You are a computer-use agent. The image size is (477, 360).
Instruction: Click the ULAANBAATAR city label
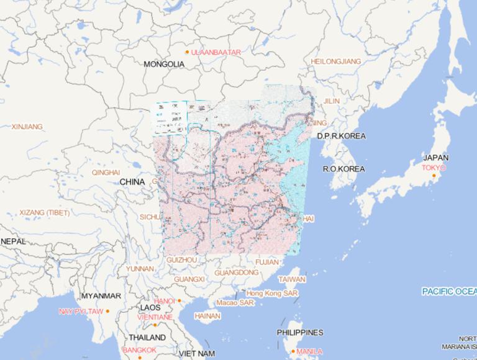click(x=216, y=53)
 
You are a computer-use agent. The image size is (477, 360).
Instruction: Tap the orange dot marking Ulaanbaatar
click(x=187, y=52)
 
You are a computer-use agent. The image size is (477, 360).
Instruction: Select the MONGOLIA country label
click(x=164, y=64)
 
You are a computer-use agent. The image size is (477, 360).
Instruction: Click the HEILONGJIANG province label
click(x=335, y=61)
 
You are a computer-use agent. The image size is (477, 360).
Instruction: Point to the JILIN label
click(x=332, y=101)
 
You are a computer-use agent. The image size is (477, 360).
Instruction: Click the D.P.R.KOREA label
click(x=341, y=136)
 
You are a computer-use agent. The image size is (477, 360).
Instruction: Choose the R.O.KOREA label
click(x=343, y=169)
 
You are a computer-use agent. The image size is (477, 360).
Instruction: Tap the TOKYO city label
click(x=434, y=168)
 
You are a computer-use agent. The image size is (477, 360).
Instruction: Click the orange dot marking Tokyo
click(x=434, y=176)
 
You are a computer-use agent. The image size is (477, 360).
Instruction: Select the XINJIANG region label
click(x=27, y=127)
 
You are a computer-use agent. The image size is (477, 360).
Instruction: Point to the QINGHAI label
click(x=106, y=173)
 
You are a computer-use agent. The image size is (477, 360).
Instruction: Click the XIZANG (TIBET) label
click(x=45, y=213)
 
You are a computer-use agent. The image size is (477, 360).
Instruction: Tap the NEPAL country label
click(x=13, y=241)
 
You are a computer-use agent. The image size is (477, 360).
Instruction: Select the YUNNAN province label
click(x=140, y=269)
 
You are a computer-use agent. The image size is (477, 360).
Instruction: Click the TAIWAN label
click(x=291, y=279)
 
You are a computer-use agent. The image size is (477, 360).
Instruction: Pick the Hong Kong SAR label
click(x=272, y=293)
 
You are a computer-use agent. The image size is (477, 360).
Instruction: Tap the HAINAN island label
click(x=207, y=316)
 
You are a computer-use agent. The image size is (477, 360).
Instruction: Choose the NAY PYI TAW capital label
click(x=81, y=311)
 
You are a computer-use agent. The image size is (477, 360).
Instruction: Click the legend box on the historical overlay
click(x=169, y=118)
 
